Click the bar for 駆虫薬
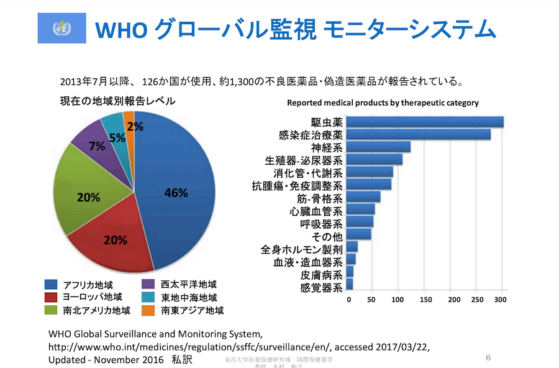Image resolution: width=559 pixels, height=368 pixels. (425, 122)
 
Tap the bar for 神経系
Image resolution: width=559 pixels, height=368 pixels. (378, 147)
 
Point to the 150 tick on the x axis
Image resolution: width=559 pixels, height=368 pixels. (426, 300)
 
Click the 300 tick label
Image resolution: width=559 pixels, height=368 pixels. (500, 300)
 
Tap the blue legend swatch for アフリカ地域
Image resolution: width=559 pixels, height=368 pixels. (50, 285)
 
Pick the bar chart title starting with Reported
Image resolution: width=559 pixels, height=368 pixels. (382, 103)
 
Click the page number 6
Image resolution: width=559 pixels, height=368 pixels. (488, 357)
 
